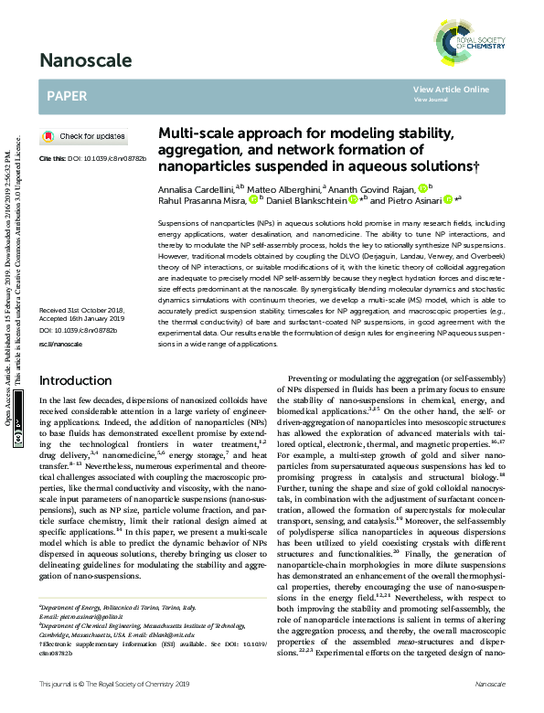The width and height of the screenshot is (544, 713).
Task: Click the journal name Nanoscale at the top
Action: [84, 62]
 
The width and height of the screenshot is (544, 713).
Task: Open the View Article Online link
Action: [451, 90]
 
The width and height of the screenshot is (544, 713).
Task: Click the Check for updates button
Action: [85, 136]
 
